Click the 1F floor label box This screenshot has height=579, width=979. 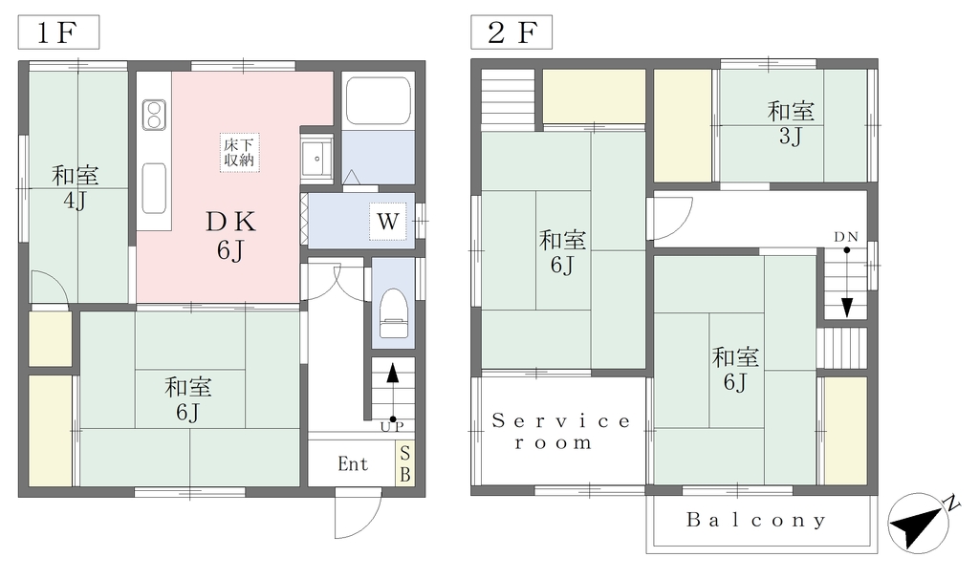click(58, 32)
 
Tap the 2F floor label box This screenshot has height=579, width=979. click(511, 32)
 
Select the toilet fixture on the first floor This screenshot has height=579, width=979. click(393, 312)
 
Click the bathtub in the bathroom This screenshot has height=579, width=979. click(378, 99)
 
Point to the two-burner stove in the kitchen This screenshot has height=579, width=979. click(154, 115)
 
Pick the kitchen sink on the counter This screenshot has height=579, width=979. click(154, 188)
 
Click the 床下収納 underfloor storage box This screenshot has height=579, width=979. click(239, 152)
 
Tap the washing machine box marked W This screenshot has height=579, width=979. click(388, 221)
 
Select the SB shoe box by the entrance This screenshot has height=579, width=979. click(404, 463)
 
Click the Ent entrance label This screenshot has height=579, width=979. click(353, 463)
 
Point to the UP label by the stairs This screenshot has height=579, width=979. click(392, 427)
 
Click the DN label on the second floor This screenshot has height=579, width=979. click(846, 237)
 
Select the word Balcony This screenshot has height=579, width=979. click(756, 520)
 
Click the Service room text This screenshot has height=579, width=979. click(560, 432)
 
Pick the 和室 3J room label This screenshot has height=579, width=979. click(791, 123)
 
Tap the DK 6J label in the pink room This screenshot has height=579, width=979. click(230, 235)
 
